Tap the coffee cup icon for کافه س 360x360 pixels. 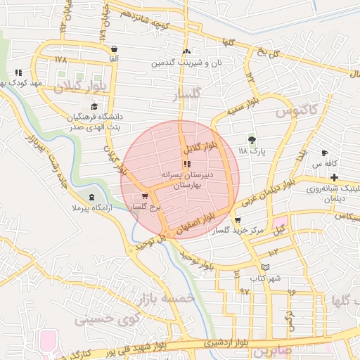tap(324, 153)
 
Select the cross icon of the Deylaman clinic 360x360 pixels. tap(334, 177)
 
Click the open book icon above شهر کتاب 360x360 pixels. tap(265, 267)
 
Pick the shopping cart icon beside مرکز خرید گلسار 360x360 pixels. tap(237, 220)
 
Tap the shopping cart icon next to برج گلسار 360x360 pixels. tap(144, 196)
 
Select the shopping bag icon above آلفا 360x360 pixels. tap(113, 49)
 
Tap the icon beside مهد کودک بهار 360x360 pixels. tap(18, 72)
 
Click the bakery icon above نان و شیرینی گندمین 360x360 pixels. tap(186, 51)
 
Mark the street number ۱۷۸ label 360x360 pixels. tap(60, 60)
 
